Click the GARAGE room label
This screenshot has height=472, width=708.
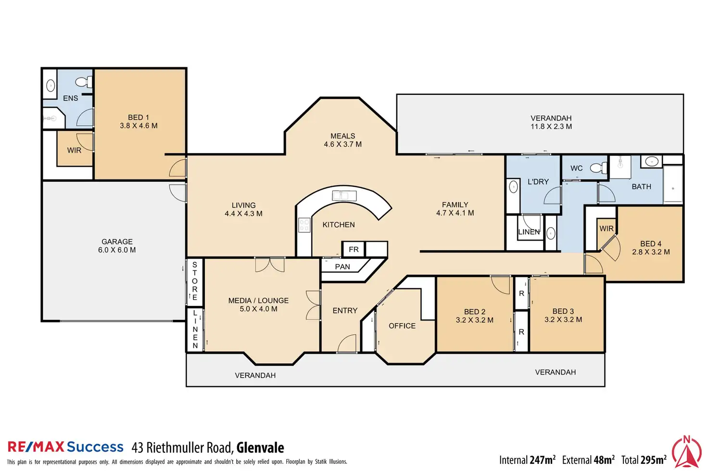click(117, 242)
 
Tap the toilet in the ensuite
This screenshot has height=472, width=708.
click(85, 81)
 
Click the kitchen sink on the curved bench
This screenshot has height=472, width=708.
click(343, 195)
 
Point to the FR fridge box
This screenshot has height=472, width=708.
click(354, 249)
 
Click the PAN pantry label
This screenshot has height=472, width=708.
click(342, 267)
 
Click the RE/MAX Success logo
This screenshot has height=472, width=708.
click(65, 447)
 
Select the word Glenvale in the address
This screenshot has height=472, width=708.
click(260, 448)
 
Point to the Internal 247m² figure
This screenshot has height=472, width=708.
click(527, 460)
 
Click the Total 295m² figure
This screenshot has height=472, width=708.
click(644, 460)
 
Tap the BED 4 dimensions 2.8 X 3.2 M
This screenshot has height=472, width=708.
click(651, 252)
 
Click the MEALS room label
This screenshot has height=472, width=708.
click(342, 136)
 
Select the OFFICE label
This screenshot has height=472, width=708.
click(402, 326)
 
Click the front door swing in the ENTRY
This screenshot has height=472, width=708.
click(347, 344)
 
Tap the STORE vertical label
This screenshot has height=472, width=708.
click(195, 281)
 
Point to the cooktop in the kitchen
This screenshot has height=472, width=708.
click(304, 225)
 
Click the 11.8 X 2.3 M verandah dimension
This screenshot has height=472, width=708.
click(551, 127)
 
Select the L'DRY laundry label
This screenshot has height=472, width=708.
click(538, 181)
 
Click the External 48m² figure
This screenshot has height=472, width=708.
click(588, 460)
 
